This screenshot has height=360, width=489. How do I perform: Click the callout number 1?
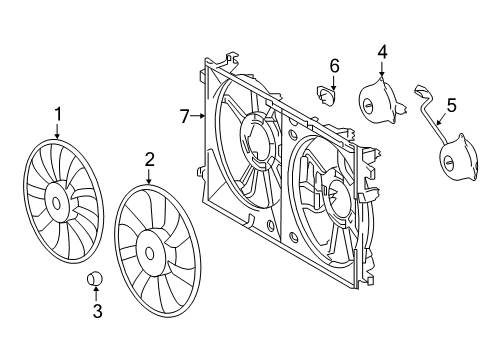coord(58,116)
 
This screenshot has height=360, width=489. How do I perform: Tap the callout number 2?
coord(149,158)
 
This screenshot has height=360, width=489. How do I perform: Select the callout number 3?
coord(97,312)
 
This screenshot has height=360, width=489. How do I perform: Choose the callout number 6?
coord(335,66)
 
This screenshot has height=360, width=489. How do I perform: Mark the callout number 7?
coord(184,117)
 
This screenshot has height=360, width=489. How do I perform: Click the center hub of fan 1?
coord(56,204)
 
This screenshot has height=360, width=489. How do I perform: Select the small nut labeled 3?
coord(97,278)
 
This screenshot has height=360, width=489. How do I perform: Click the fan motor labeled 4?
coord(379,101)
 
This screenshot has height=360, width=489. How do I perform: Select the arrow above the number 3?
coord(97,294)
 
